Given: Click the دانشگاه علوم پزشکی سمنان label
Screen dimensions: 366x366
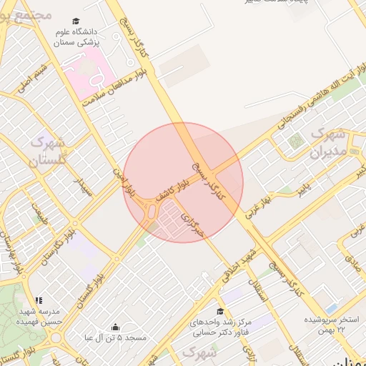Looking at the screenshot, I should (x=76, y=37).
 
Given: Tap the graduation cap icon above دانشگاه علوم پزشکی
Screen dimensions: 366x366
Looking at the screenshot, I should (x=76, y=21).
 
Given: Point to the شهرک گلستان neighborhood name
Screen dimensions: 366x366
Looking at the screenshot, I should (x=47, y=150).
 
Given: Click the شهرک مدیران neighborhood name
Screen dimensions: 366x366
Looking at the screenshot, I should (x=329, y=143).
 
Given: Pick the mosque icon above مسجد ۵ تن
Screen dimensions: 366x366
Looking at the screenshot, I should (x=115, y=327).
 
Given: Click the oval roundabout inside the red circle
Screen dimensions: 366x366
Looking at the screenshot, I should (x=152, y=211).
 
